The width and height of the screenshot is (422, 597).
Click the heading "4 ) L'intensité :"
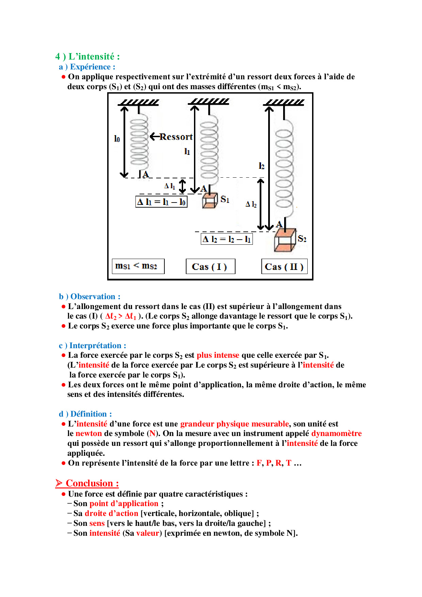click(87, 57)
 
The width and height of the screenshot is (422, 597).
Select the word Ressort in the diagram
click(176, 137)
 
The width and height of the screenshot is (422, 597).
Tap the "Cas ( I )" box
click(210, 267)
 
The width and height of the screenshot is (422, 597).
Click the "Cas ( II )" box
click(284, 267)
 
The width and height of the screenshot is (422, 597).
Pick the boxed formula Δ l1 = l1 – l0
click(161, 202)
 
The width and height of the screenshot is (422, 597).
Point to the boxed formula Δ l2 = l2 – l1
click(227, 239)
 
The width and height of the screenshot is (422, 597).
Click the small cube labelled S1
click(210, 200)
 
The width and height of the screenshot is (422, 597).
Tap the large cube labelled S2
click(285, 240)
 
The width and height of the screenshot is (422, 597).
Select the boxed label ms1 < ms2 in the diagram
click(138, 266)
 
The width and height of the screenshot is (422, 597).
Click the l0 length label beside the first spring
click(117, 139)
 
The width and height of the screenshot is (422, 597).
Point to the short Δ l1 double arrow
click(182, 186)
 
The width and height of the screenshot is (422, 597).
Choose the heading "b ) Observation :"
click(90, 296)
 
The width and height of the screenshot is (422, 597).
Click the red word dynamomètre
click(336, 433)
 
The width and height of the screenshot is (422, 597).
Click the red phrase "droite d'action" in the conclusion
click(111, 513)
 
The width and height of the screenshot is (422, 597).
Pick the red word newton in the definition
click(88, 433)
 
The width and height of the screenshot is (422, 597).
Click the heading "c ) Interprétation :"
click(92, 345)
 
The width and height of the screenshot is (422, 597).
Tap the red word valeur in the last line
click(148, 533)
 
